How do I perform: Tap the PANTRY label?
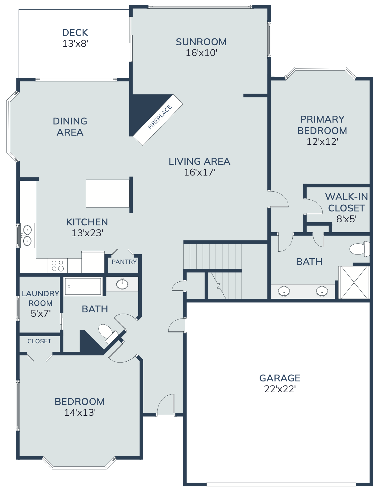pos(124,262)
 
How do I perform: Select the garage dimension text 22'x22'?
pos(280,389)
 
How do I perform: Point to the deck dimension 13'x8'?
pos(75,44)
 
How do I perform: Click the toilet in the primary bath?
pos(359,249)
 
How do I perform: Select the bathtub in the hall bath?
pos(83,286)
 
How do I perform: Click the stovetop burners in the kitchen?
pos(58,266)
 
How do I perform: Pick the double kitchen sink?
pos(27,235)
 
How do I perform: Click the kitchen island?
pos(107,193)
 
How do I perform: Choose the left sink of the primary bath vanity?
pos(284,291)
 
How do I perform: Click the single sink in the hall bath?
pos(122,284)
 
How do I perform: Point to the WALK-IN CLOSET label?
pos(346,202)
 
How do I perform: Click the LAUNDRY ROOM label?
pos(41,298)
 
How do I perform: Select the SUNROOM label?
pos(201,42)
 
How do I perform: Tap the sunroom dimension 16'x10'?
pos(201,53)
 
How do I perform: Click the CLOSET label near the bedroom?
pos(39,341)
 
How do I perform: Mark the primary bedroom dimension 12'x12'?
pos(322,142)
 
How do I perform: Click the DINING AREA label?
pos(70,127)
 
